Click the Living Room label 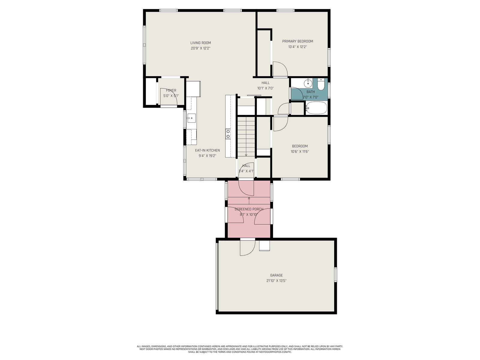200,43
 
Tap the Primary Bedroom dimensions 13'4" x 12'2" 297,46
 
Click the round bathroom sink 308,83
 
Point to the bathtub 316,108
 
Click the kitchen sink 191,118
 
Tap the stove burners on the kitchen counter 228,134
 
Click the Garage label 276,275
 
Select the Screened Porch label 249,209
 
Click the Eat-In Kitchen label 207,150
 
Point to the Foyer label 171,90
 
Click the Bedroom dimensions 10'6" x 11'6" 300,151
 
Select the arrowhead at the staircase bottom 246,155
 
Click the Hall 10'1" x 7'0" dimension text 265,88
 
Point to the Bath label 310,92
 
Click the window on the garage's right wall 335,274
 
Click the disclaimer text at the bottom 240,349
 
